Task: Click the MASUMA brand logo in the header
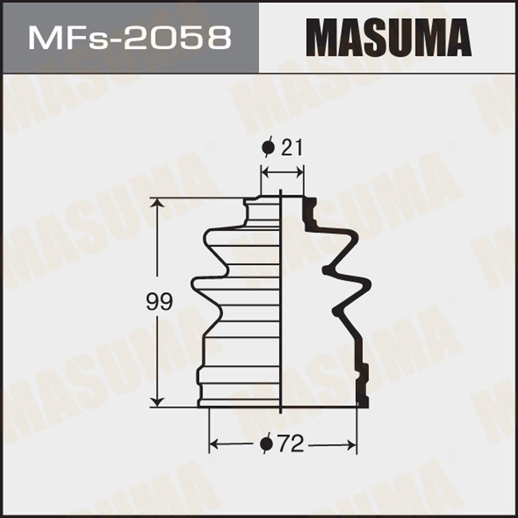click(388, 38)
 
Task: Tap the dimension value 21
click(292, 148)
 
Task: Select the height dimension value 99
click(159, 301)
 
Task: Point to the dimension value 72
click(291, 444)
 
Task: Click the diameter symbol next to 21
click(268, 148)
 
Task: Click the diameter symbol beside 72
click(266, 444)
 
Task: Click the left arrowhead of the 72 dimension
click(215, 444)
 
